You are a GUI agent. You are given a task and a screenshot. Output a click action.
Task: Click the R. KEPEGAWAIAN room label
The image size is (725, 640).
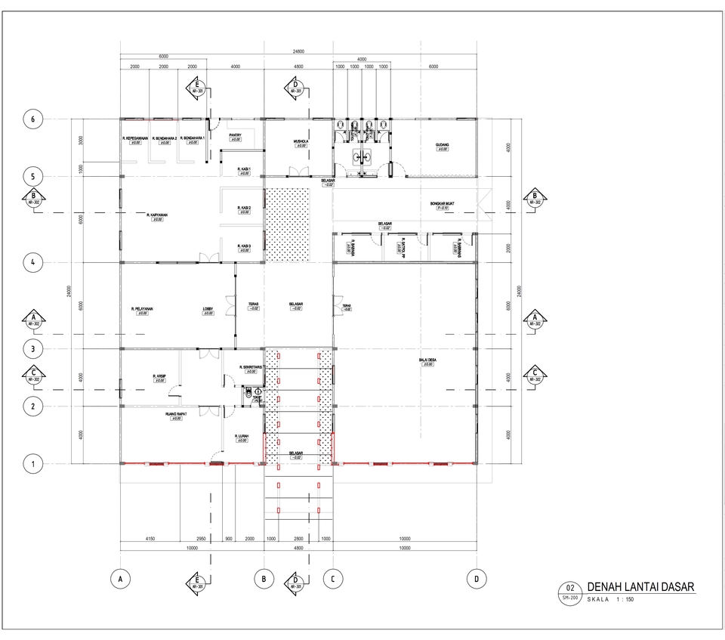click(136, 139)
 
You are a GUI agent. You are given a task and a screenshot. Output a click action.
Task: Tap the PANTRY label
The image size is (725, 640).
click(235, 135)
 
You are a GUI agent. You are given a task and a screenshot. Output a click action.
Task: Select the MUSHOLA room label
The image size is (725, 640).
click(301, 141)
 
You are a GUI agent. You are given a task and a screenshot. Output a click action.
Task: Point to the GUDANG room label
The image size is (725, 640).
click(442, 144)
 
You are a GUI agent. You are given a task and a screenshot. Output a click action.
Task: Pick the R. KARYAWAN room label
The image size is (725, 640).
click(157, 215)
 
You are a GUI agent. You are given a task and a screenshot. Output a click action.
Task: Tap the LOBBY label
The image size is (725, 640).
click(208, 309)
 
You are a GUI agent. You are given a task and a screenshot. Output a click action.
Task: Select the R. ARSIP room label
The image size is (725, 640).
click(159, 376)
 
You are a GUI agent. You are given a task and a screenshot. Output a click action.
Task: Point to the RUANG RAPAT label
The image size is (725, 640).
click(176, 415)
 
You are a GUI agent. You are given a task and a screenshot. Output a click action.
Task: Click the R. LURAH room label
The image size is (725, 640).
click(242, 436)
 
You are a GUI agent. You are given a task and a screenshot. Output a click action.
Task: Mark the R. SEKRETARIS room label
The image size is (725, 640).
click(251, 367)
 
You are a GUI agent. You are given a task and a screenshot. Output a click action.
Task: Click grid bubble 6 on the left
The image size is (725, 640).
click(32, 119)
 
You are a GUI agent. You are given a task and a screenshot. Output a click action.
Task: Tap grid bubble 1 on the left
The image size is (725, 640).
click(32, 463)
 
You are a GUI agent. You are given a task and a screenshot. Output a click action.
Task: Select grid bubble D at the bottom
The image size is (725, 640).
click(477, 579)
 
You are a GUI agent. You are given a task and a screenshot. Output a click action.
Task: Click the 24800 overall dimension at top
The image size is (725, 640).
click(298, 51)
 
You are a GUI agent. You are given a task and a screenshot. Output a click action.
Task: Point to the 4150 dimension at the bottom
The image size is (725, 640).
click(150, 540)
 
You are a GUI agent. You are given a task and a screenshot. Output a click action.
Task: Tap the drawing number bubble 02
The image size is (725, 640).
click(569, 588)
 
